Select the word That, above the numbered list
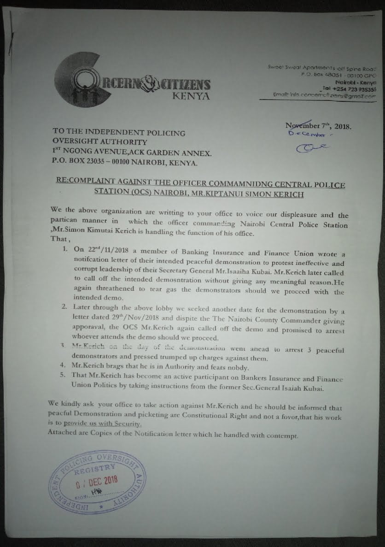click(x=59, y=239)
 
